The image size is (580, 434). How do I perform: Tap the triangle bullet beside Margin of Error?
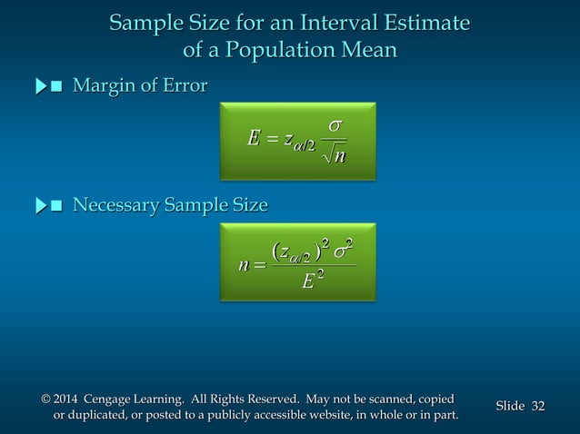40,87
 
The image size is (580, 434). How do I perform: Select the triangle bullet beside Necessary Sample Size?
40,206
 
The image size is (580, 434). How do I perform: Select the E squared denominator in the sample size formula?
311,281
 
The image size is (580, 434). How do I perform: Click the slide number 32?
537,406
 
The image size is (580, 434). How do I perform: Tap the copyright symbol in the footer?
45,399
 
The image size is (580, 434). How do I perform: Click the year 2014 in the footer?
65,399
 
